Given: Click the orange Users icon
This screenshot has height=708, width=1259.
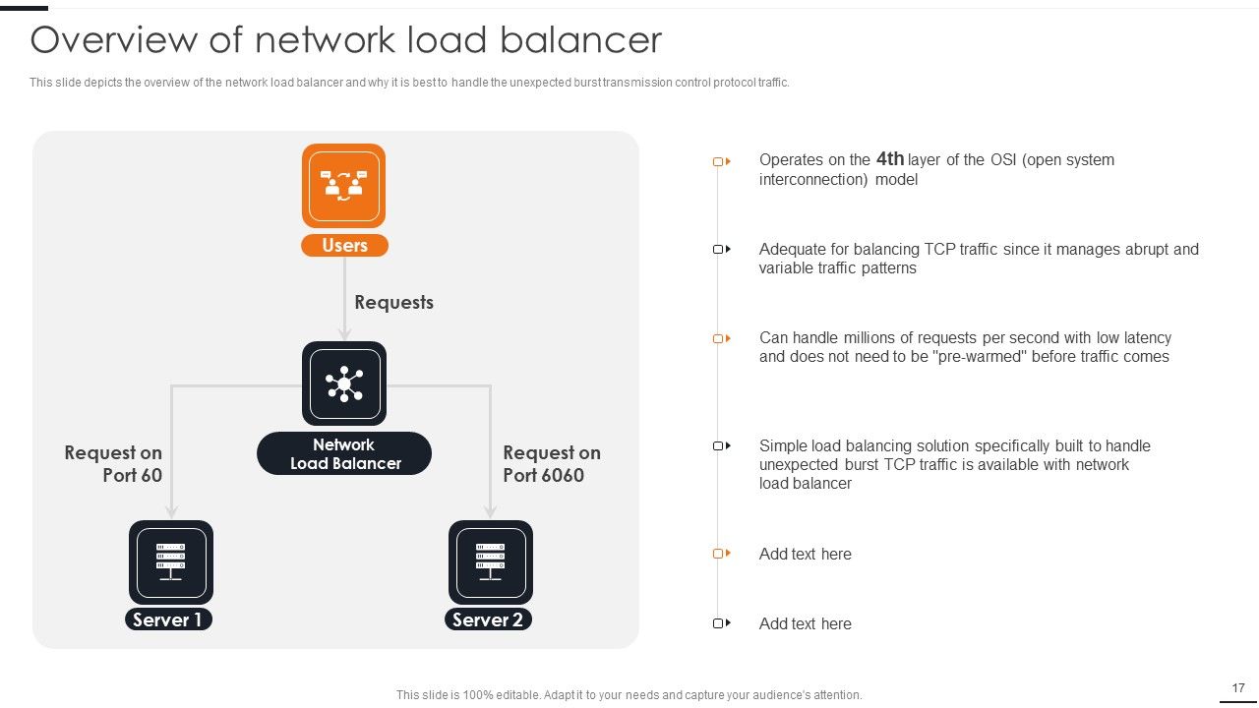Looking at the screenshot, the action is [x=343, y=186].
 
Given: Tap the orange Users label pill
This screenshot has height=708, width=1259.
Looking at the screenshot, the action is [x=344, y=246].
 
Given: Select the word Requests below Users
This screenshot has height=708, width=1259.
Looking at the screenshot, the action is [x=394, y=302].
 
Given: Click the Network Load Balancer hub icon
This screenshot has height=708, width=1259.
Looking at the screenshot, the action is [x=344, y=383].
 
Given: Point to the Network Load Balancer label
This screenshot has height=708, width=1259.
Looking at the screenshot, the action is [x=344, y=453].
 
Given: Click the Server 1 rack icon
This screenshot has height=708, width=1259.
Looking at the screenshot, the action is [x=171, y=562].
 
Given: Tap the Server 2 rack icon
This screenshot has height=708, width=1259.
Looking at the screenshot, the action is [x=491, y=562].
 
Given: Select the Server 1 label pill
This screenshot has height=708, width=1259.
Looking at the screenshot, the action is [x=168, y=619].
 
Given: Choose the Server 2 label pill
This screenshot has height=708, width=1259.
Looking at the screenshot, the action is [x=489, y=619].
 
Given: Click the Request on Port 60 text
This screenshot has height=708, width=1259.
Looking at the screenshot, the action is [x=113, y=463].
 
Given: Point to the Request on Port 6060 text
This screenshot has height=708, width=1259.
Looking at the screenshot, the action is [x=552, y=463].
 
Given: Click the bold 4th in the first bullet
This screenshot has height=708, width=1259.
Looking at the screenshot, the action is [x=890, y=159].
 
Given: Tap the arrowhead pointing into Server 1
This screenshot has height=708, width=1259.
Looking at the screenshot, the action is [x=171, y=511].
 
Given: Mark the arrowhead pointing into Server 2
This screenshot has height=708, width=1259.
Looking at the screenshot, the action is [x=491, y=511].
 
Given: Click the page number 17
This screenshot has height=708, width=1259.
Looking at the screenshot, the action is [x=1238, y=687].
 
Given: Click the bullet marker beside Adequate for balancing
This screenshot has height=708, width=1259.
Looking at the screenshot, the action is [x=722, y=249].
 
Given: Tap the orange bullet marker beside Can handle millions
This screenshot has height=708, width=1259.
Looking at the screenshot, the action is [x=722, y=338].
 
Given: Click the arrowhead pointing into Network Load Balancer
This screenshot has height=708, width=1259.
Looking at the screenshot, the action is [x=344, y=335].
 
